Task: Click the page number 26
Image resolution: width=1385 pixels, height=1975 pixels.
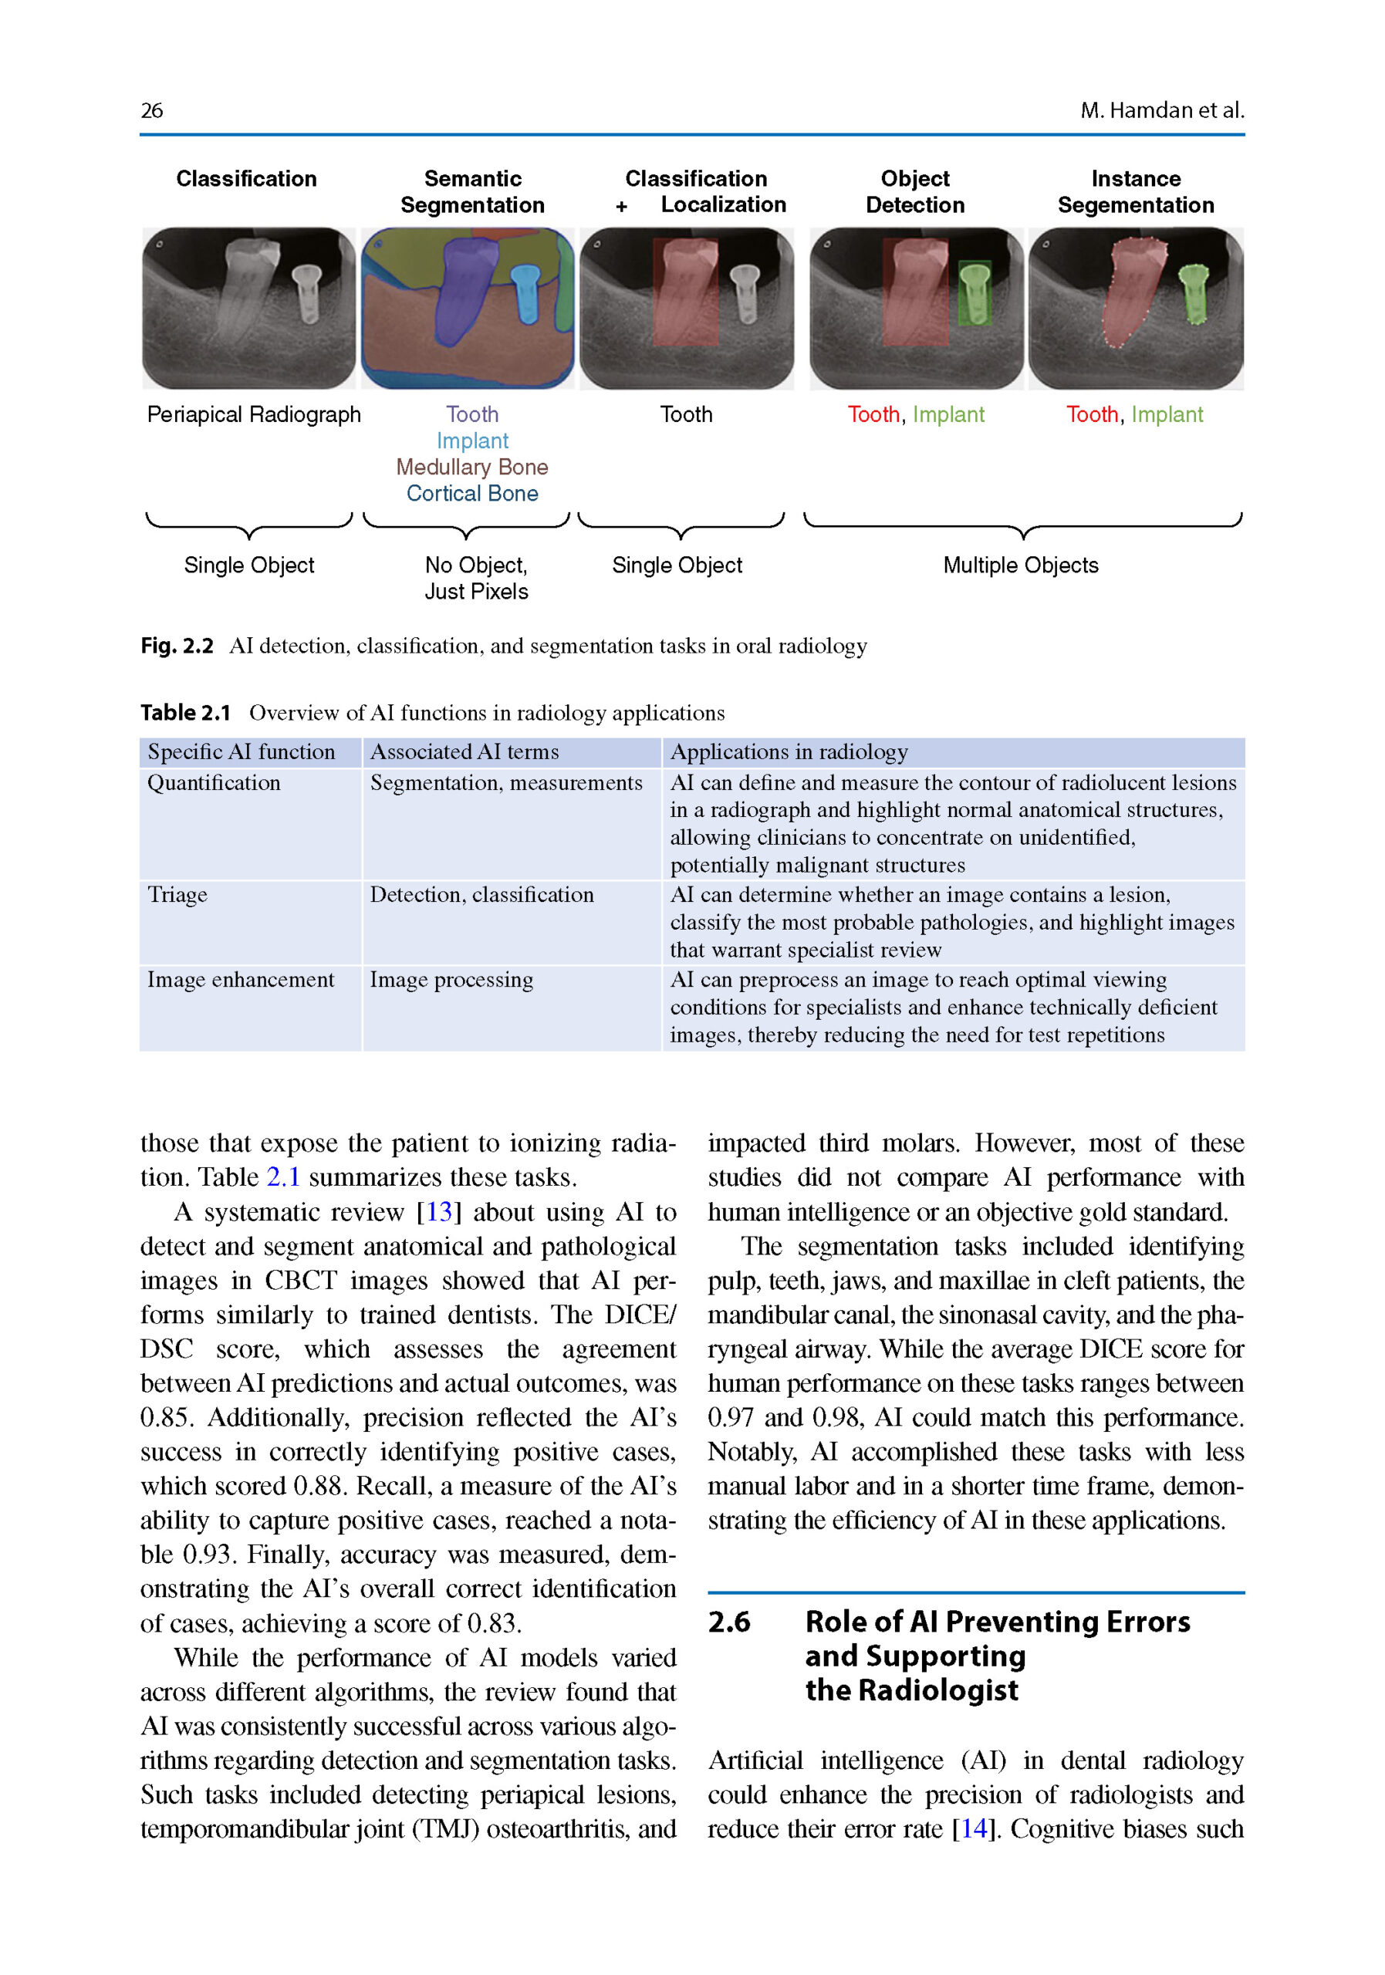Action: [151, 110]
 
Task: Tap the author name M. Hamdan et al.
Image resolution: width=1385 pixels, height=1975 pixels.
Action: [1161, 110]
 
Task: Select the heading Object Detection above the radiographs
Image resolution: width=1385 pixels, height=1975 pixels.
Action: [914, 192]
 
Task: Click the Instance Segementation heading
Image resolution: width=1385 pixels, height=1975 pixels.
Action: [1136, 192]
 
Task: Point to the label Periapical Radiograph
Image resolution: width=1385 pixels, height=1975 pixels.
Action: [254, 414]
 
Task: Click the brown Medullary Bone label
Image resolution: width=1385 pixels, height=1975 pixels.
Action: [471, 467]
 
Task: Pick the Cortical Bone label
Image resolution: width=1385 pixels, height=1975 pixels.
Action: [471, 494]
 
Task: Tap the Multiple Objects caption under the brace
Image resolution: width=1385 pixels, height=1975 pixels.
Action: [1020, 565]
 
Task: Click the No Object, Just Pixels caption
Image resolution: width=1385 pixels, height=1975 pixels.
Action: [476, 578]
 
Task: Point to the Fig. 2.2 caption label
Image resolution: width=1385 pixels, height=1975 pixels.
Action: [177, 646]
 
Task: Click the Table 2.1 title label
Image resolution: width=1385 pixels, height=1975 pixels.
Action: [186, 713]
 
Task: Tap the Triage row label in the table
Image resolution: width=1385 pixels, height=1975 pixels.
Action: [177, 896]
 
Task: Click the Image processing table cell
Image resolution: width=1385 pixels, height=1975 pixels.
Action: [451, 981]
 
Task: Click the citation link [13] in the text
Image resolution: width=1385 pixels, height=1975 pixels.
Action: [439, 1212]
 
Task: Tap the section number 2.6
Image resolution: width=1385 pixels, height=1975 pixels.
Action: [728, 1622]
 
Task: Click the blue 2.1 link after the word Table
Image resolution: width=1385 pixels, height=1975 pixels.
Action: [283, 1177]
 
